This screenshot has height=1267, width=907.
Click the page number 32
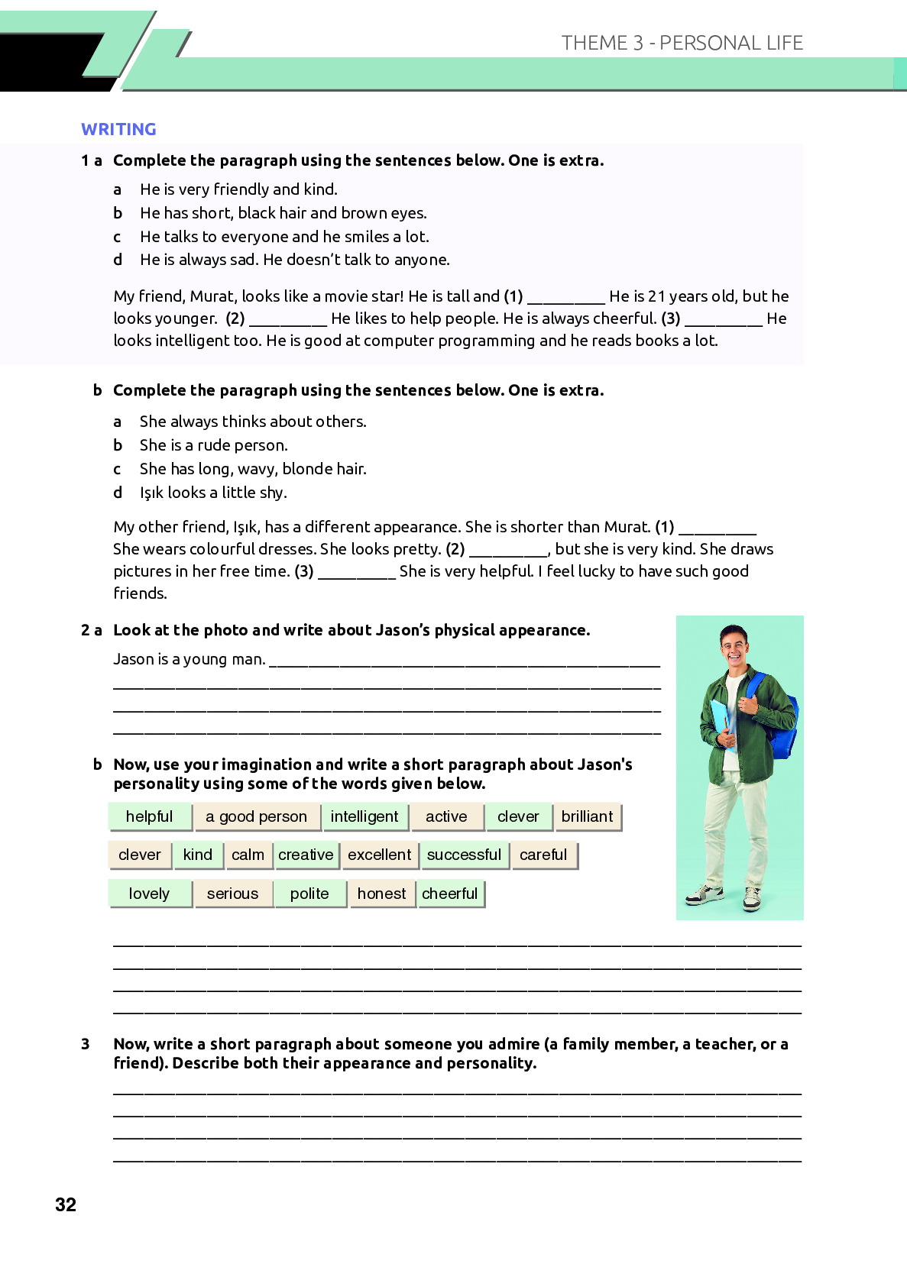point(66,1204)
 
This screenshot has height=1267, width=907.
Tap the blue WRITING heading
point(118,129)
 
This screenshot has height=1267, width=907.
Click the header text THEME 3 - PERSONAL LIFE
point(682,43)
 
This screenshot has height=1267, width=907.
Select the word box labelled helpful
point(150,816)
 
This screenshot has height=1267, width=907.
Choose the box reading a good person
point(256,816)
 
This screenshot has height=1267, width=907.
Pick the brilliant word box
point(587,816)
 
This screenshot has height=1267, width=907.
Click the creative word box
point(306,855)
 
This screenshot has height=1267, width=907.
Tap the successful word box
point(464,855)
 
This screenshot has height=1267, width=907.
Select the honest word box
point(381,894)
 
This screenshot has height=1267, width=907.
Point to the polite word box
point(309,894)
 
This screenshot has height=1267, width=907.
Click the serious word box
point(232,894)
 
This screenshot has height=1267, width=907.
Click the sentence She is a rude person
point(213,445)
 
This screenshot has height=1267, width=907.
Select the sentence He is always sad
point(199,260)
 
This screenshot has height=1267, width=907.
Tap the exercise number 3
point(86,1044)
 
